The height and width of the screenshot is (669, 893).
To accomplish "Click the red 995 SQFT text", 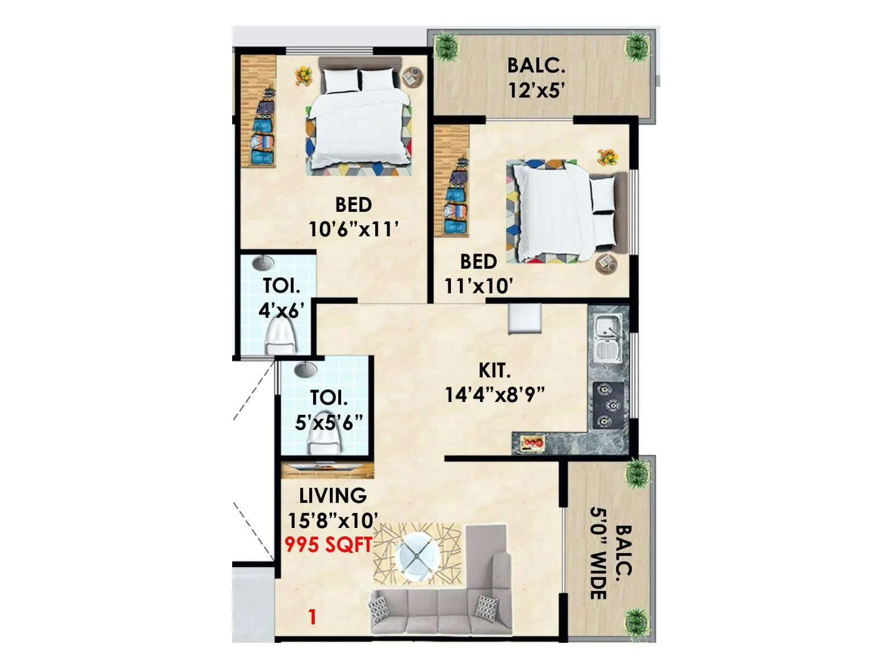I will point(328,545).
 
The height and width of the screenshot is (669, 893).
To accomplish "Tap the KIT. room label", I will point(494,371).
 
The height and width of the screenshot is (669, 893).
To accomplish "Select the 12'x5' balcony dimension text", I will point(536,90).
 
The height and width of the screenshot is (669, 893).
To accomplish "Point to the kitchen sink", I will point(608,337).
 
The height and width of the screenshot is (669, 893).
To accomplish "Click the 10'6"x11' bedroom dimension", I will point(354,229).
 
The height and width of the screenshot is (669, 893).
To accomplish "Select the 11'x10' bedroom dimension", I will point(478,286).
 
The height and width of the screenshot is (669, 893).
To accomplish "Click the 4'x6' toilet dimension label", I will point(281,310).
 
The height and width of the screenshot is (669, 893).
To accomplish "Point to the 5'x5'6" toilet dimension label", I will point(329,422).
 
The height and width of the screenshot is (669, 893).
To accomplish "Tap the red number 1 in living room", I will point(313,617).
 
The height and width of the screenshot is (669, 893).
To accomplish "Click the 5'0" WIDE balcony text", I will point(598,553).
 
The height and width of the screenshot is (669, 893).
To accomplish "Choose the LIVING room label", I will point(333,496).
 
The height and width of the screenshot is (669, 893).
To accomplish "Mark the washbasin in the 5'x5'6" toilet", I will point(305,369).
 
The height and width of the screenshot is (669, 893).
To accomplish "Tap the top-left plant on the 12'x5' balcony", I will point(446,47).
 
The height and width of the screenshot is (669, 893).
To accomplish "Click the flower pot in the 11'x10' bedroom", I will point(607,157).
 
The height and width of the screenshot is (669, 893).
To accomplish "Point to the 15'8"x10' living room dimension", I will point(333,521).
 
